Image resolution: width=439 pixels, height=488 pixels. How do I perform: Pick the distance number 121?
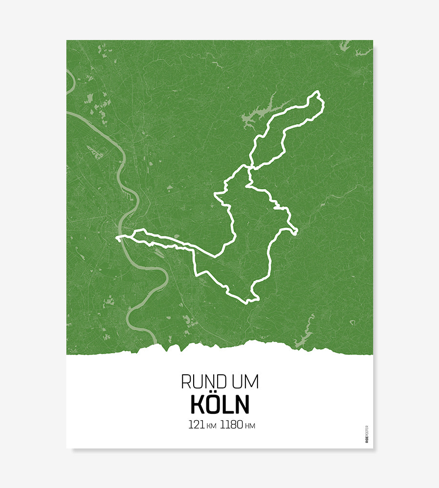click(196, 425)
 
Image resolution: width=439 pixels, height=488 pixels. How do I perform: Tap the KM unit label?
click(211, 426)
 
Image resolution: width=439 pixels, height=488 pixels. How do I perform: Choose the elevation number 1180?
click(231, 425)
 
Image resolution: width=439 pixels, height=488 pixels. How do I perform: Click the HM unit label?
click(250, 426)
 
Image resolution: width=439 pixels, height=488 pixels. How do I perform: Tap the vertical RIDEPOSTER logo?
click(367, 434)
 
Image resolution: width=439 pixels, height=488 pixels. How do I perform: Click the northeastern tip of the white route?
click(319, 93)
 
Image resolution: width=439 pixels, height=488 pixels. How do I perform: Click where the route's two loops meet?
click(249, 168)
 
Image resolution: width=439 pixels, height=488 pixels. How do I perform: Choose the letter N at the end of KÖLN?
click(241, 405)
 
